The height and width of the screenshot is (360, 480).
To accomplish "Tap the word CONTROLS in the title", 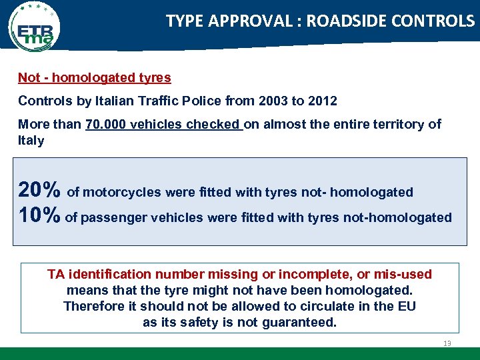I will [436, 21].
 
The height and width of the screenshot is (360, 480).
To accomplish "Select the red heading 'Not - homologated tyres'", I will [94, 78].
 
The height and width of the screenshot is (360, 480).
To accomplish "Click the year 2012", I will [322, 101].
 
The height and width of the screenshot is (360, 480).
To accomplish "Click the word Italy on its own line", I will [31, 141].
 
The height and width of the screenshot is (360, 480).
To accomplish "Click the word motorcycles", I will [121, 193].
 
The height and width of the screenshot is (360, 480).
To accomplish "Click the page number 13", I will [447, 343].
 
